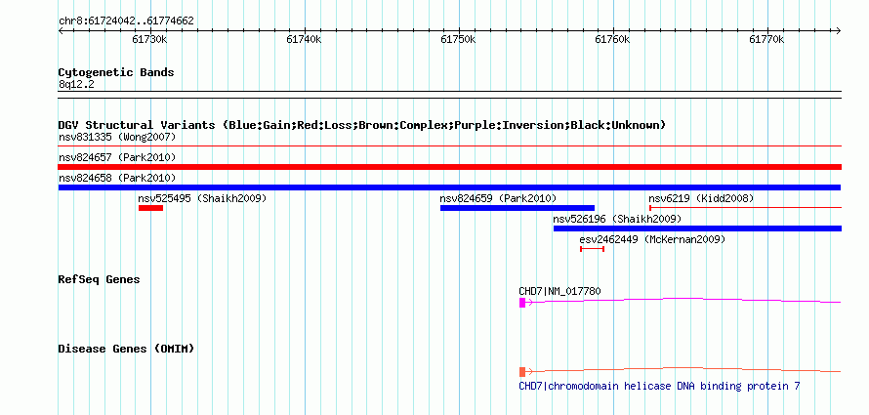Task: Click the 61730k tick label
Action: (x=149, y=39)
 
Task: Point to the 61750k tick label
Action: (x=458, y=39)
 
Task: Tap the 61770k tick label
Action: (x=766, y=39)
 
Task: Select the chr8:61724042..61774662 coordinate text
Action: (x=126, y=21)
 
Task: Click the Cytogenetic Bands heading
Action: (x=116, y=72)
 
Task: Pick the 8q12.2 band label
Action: (x=76, y=84)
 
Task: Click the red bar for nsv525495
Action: (x=150, y=208)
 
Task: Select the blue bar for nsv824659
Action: (x=517, y=208)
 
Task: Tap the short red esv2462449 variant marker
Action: (x=592, y=249)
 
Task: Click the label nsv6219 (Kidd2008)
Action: (x=701, y=198)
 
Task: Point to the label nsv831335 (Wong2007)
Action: (x=117, y=137)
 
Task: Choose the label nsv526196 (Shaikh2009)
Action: (x=617, y=219)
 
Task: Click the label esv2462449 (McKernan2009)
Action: (x=652, y=239)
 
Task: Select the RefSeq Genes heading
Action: (x=99, y=279)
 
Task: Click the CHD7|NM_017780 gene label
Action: (x=559, y=291)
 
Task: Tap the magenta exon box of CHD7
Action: (x=522, y=302)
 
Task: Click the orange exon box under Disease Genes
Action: (x=522, y=371)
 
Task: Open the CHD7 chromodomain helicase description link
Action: (x=659, y=386)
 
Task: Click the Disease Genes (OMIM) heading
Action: (x=126, y=349)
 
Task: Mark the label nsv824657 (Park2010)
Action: (x=117, y=157)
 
